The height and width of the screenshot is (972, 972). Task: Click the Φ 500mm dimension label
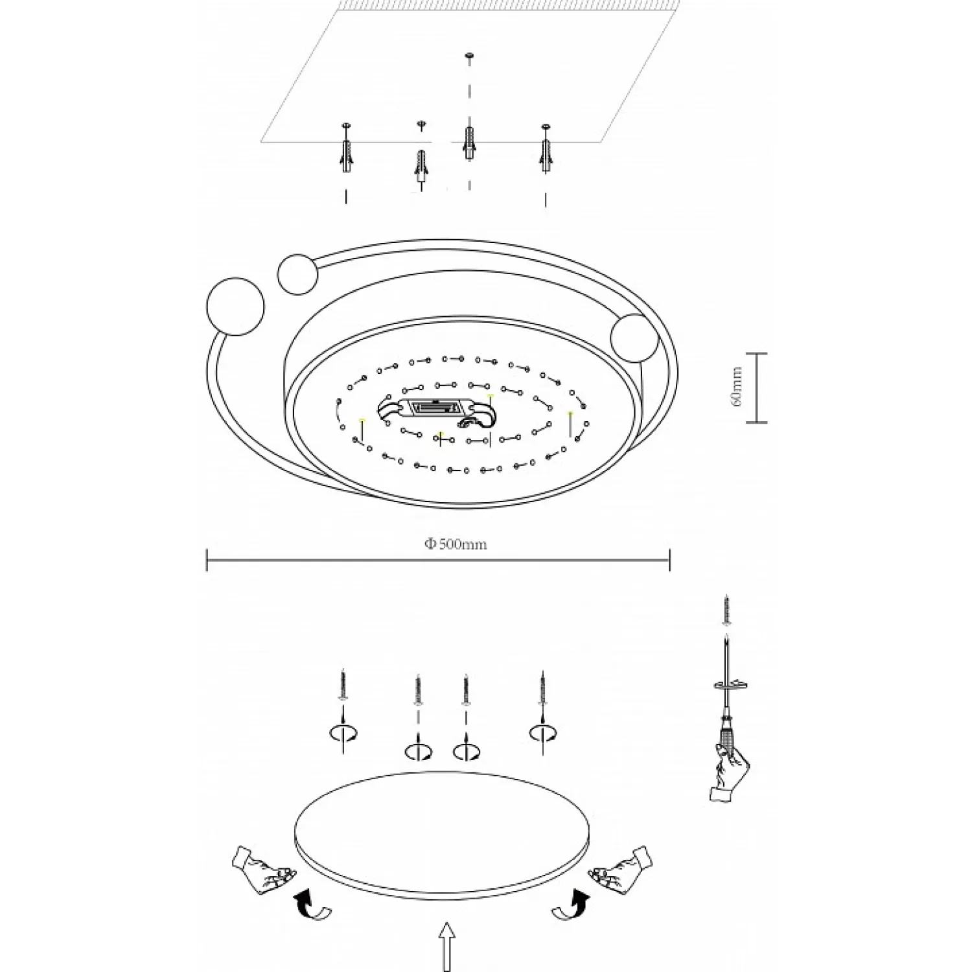[x=456, y=544]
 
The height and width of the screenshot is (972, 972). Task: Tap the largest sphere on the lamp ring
[x=235, y=306]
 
